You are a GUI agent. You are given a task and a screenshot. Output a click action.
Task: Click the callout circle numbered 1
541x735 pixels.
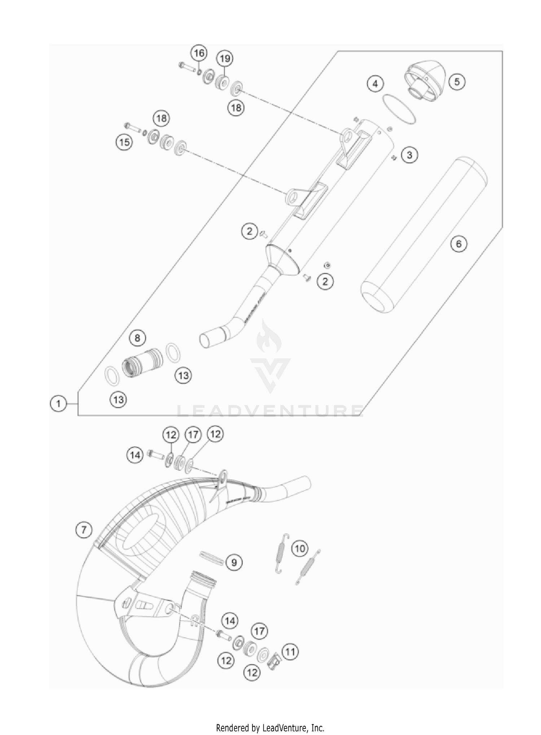(58, 403)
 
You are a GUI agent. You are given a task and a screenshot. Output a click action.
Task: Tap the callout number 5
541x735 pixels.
(457, 82)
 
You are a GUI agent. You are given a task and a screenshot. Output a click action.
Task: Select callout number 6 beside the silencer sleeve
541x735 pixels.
(458, 244)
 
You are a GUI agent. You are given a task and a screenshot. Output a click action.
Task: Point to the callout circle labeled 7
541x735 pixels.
(84, 530)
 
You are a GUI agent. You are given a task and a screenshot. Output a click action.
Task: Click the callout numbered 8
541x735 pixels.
(137, 338)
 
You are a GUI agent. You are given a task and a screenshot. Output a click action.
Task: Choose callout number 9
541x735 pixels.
(234, 562)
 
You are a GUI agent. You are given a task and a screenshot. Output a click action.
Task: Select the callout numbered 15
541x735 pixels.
(124, 142)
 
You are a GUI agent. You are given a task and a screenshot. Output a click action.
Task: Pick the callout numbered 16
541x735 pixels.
(199, 53)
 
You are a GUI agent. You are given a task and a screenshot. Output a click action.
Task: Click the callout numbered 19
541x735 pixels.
(225, 59)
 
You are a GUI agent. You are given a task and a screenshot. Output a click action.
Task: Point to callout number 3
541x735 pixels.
(409, 155)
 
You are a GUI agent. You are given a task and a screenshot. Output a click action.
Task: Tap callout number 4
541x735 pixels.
(375, 84)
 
